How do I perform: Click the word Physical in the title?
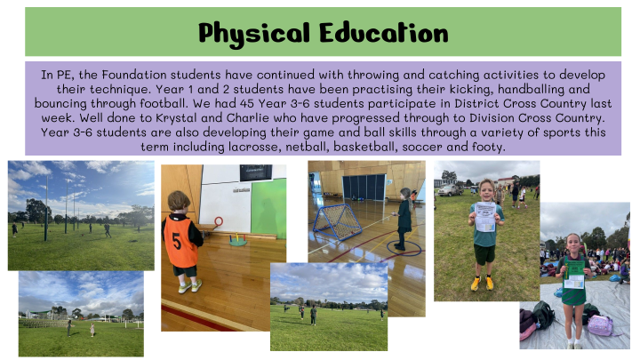tap(254, 34)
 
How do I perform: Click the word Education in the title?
tap(384, 33)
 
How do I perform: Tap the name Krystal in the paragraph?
tap(176, 119)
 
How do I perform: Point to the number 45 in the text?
tap(247, 104)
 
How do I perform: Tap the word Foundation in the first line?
tap(134, 75)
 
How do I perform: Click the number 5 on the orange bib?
tap(177, 241)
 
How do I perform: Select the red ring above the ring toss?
tap(219, 221)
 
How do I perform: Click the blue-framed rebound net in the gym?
tap(337, 222)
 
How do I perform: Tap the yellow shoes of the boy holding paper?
tap(482, 284)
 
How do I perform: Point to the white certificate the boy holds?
tap(485, 217)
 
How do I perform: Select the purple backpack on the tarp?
tap(601, 325)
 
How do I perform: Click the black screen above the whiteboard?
tap(256, 172)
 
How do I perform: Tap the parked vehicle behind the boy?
tap(450, 190)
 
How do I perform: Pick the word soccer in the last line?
tap(422, 147)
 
